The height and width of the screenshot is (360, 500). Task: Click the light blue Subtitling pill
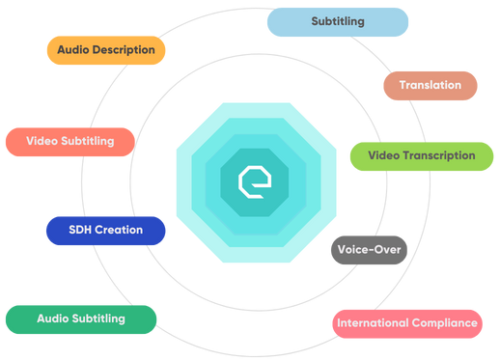[338, 21]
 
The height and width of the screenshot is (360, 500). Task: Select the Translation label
[430, 85]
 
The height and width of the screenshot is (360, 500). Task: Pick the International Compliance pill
[407, 322]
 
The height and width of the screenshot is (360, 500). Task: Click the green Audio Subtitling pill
[80, 318]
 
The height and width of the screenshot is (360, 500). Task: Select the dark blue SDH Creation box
[105, 231]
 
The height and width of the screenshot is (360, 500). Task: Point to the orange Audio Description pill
[106, 49]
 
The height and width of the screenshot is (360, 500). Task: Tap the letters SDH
[82, 231]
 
